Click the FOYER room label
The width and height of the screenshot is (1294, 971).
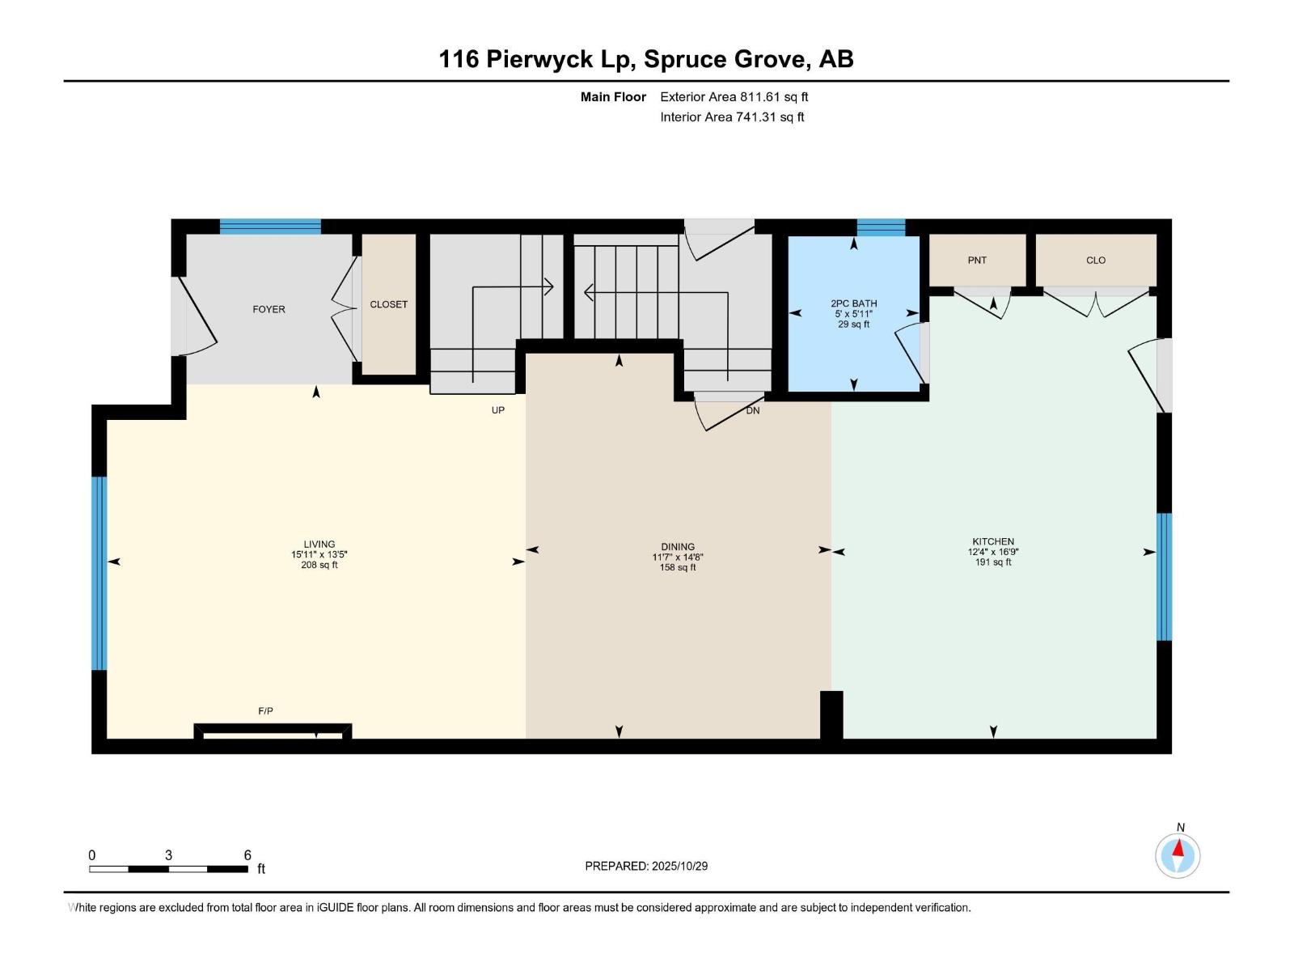point(269,309)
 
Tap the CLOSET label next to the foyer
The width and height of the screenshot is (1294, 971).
point(388,304)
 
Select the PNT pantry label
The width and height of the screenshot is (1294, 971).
point(977,260)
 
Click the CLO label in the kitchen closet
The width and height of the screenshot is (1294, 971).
point(1096,260)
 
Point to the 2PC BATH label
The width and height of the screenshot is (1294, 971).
point(853,303)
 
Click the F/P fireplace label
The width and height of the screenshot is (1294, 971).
point(265,710)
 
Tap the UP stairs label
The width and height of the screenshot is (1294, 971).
point(497,410)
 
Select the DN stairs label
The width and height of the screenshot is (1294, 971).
point(752,410)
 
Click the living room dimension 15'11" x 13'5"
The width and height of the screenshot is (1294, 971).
point(319,555)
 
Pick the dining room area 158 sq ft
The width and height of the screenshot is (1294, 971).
point(677,567)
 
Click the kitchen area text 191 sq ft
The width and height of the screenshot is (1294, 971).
point(992,562)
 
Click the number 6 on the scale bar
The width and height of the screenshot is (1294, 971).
point(247,854)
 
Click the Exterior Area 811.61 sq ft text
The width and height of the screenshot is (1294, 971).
point(734,96)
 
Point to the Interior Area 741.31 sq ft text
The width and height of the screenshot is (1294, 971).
point(732,117)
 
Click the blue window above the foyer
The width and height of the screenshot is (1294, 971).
point(270,227)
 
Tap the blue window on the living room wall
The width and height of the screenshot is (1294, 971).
point(99,573)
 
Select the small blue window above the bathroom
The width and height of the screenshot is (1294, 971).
point(881,227)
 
